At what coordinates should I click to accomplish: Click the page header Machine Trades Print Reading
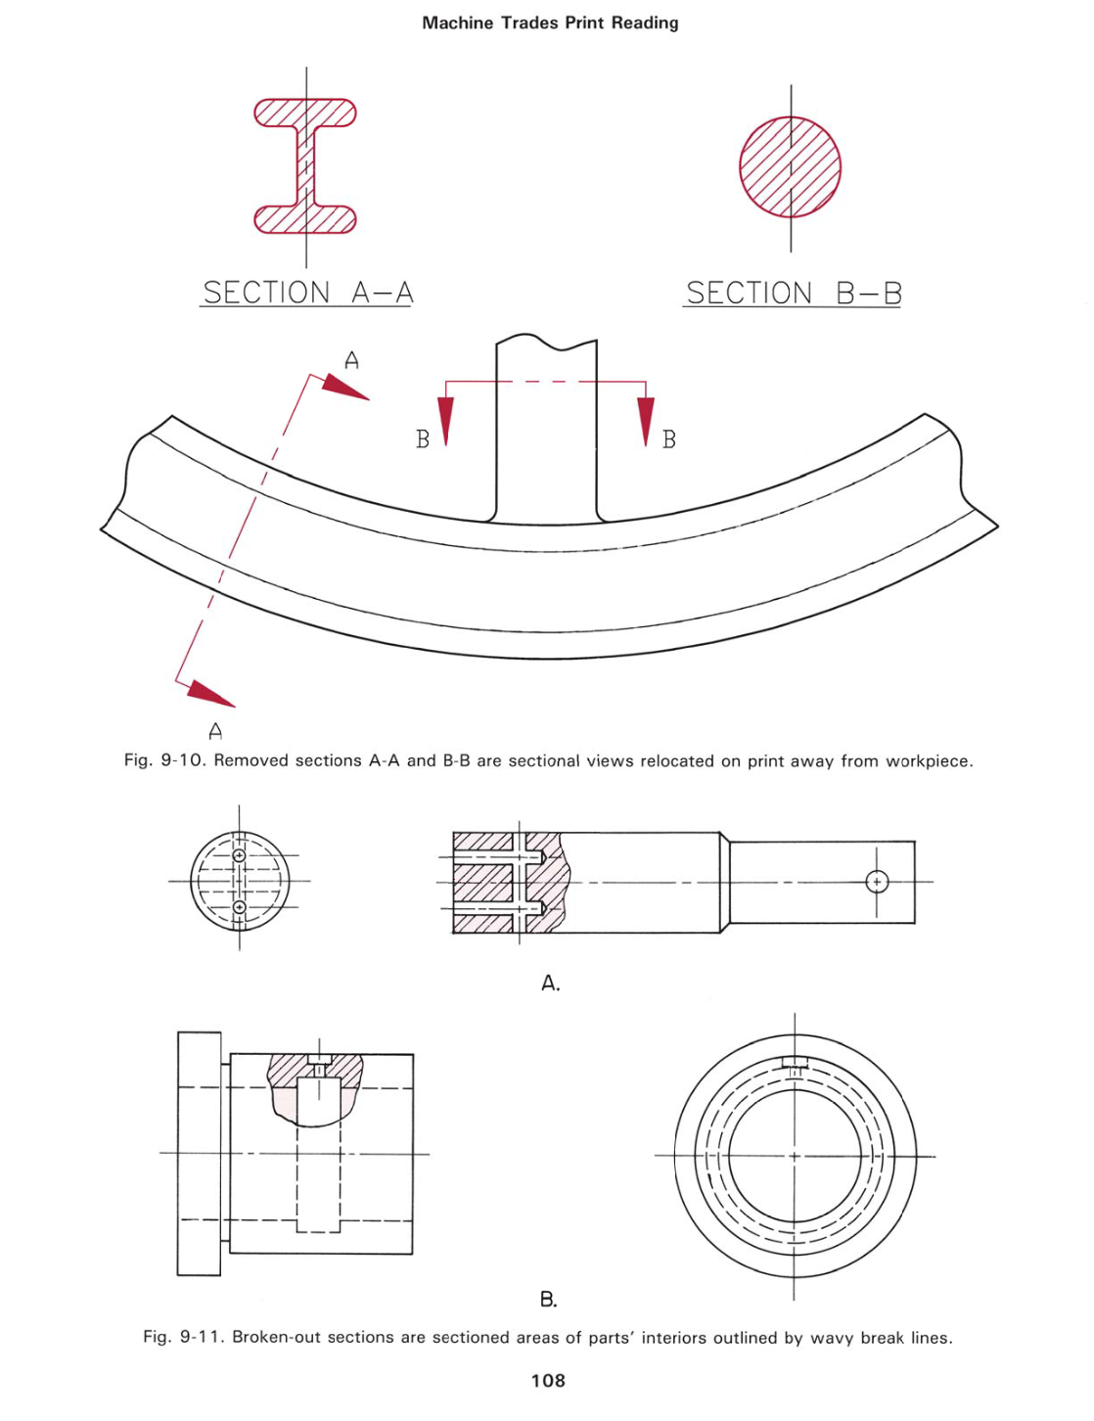tap(550, 23)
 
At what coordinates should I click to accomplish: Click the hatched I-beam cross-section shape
tap(305, 166)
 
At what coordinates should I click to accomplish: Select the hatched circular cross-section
tap(790, 167)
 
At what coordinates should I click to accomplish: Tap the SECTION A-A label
tap(307, 293)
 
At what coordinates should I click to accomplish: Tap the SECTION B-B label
tap(793, 293)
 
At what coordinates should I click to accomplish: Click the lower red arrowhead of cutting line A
tap(210, 693)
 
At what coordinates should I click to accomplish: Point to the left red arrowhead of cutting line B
tap(445, 420)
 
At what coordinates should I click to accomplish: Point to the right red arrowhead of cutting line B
tap(646, 420)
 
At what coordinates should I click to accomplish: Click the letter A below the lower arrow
tap(215, 731)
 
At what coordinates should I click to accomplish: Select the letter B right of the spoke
tap(669, 439)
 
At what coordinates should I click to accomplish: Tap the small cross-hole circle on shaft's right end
tap(877, 882)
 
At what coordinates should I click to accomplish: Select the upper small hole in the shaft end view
tap(239, 855)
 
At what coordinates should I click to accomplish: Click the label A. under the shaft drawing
tap(550, 984)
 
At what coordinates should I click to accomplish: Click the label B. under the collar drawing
tap(549, 1300)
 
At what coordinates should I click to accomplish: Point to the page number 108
tap(548, 1381)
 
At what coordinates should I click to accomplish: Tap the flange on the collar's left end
tap(199, 1154)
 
